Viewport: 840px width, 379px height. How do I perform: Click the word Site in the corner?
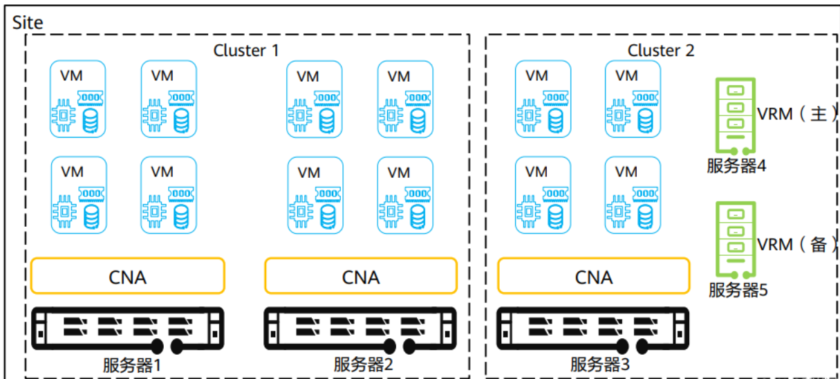pyautogui.click(x=28, y=22)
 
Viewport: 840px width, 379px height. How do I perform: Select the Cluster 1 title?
pyautogui.click(x=246, y=50)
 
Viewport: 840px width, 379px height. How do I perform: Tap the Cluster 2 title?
pyautogui.click(x=661, y=50)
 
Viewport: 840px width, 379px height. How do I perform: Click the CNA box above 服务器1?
pyautogui.click(x=128, y=277)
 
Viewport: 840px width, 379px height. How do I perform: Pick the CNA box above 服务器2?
pyautogui.click(x=361, y=277)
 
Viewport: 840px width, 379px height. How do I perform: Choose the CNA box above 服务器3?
pyautogui.click(x=593, y=277)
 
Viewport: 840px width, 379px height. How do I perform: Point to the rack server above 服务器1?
pyautogui.click(x=128, y=329)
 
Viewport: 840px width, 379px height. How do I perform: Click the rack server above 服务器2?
pyautogui.click(x=361, y=329)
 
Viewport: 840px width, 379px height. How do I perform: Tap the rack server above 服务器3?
pyautogui.click(x=593, y=329)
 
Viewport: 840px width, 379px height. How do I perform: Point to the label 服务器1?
pyautogui.click(x=131, y=364)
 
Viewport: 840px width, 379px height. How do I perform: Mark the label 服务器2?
pyautogui.click(x=364, y=364)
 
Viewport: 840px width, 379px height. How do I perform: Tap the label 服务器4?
pyautogui.click(x=736, y=166)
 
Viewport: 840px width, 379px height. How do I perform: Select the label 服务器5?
pyautogui.click(x=738, y=290)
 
